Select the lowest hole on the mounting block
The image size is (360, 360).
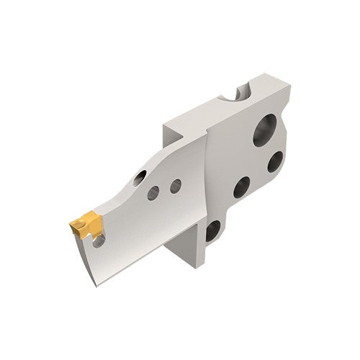click(x=212, y=230)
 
